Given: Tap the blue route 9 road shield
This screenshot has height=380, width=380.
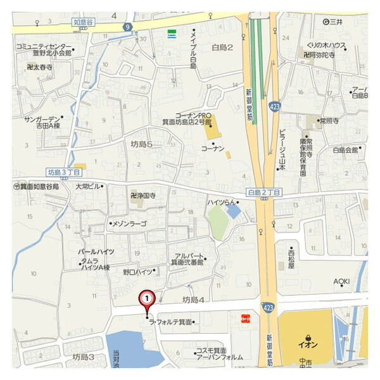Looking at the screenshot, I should click(x=128, y=27).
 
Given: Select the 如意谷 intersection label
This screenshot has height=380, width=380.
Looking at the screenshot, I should click(x=84, y=21).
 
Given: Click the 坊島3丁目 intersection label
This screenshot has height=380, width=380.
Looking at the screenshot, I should click(x=65, y=172).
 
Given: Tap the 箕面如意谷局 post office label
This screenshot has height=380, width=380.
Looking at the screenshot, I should click(x=39, y=187).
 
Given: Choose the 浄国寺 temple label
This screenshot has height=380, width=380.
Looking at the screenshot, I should click(x=143, y=196).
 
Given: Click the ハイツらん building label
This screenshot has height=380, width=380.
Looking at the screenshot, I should click(x=222, y=202).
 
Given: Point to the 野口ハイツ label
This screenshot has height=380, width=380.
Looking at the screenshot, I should click(x=138, y=271).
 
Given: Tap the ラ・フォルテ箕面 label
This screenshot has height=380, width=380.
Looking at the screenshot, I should click(x=170, y=322).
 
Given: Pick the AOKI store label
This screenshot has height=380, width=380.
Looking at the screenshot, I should click(x=342, y=282).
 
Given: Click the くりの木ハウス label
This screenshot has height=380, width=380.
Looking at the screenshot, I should click(x=326, y=46).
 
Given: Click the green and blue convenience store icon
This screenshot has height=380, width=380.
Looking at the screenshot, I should click(x=172, y=34).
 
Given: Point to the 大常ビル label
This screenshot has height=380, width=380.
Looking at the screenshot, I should click(x=88, y=187).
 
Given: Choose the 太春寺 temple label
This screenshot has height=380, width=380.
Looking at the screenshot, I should click(x=40, y=66).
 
